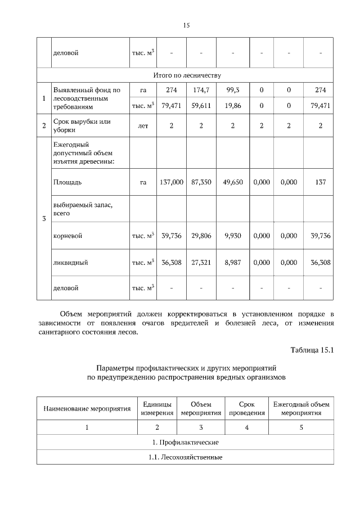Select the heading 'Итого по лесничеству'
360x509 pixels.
coord(187,75)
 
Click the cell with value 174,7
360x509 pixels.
coord(200,90)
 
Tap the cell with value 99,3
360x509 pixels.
coord(232,90)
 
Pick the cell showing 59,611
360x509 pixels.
coord(200,105)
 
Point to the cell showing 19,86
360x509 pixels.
coord(232,105)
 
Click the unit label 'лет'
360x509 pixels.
coord(143,126)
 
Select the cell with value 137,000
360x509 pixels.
coord(172,182)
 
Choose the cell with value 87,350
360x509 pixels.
coord(201,182)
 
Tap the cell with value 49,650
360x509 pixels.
coord(232,182)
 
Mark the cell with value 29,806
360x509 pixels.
coord(201,236)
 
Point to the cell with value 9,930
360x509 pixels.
coord(232,236)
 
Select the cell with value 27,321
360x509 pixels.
coord(201,262)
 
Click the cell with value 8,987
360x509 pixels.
coord(232,262)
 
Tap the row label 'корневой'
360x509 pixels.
coord(67,236)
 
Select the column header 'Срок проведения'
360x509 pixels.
coord(246,408)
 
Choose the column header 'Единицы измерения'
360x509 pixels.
coord(157,408)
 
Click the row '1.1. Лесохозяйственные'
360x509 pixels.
coord(185,457)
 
